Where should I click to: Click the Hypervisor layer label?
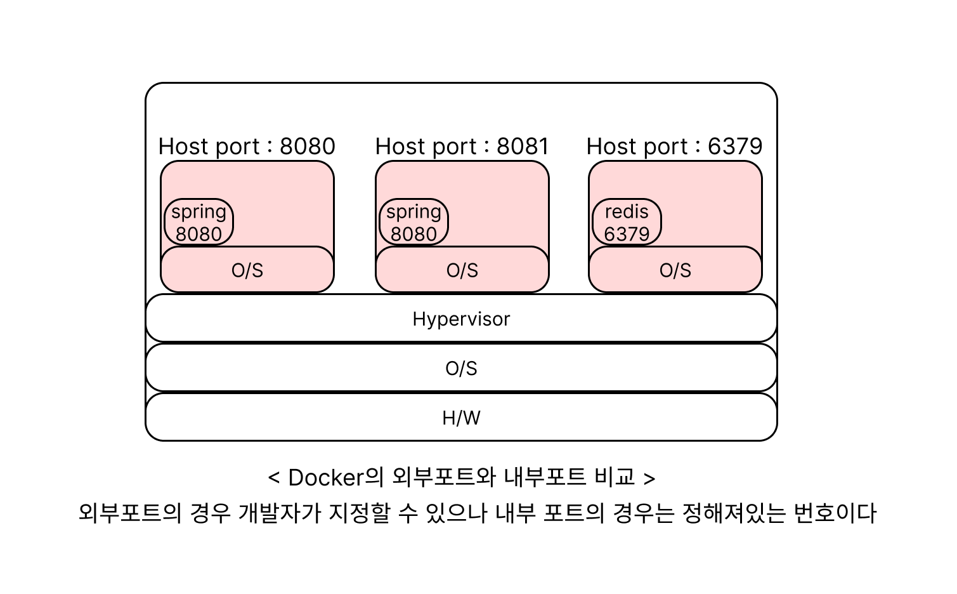[x=461, y=319]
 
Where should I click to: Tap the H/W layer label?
[x=461, y=418]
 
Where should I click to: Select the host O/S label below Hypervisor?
[x=461, y=368]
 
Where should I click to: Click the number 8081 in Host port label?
[x=523, y=146]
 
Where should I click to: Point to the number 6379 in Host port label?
[x=735, y=146]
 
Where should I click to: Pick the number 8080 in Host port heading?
[x=307, y=146]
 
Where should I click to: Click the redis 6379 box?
[x=627, y=222]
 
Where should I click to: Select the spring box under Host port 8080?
[x=199, y=222]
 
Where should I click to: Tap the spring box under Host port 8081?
[x=413, y=222]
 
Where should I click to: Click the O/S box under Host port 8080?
[x=247, y=270]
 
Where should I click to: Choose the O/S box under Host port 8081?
[x=462, y=270]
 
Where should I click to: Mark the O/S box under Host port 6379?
[x=675, y=270]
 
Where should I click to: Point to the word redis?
[x=627, y=212]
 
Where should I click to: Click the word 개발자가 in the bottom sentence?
[x=280, y=513]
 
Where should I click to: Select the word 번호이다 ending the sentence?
[x=835, y=513]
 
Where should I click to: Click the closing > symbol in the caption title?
[x=649, y=478]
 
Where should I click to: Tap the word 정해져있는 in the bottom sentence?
[x=734, y=513]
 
